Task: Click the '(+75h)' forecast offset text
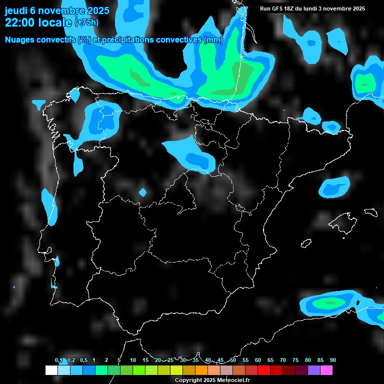[x=86, y=22]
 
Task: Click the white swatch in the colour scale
[x=51, y=370]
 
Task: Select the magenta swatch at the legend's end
[x=326, y=370]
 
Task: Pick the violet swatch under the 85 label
[x=313, y=370]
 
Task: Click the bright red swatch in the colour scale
[x=263, y=370]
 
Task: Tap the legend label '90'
[x=332, y=360]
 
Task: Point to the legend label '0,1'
[x=58, y=360]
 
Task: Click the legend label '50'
[x=233, y=360]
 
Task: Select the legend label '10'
[x=133, y=360]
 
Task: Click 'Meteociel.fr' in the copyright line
[x=233, y=380]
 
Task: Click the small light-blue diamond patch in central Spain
[x=142, y=192]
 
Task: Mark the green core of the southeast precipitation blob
[x=330, y=302]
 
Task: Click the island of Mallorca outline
[x=344, y=220]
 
